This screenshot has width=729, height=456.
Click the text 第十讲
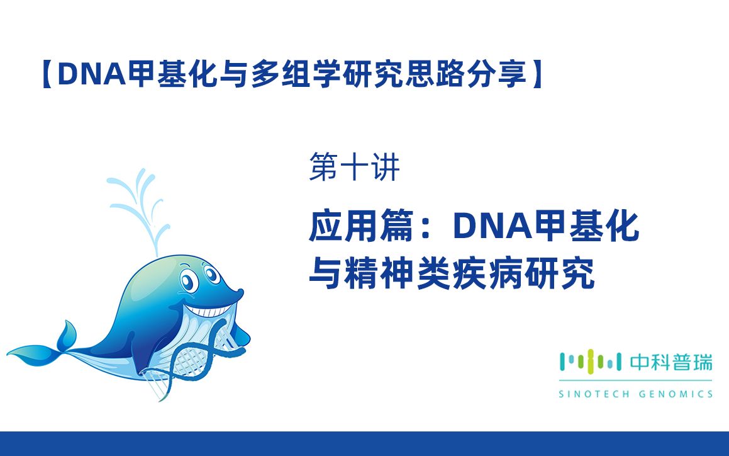point(354,169)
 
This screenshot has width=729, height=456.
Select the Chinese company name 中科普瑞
point(671,362)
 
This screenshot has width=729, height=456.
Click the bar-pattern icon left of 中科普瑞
point(590,362)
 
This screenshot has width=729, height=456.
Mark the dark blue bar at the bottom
point(364,443)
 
